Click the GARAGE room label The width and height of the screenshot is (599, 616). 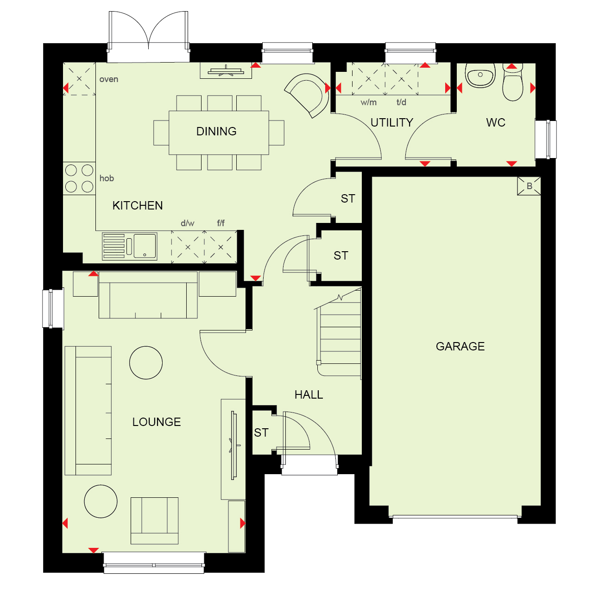click(x=460, y=346)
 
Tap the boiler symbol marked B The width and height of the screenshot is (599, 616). click(x=529, y=186)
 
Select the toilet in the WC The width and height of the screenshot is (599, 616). click(x=513, y=83)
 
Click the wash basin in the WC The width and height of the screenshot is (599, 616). click(x=480, y=76)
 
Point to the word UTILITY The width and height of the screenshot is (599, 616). click(x=392, y=122)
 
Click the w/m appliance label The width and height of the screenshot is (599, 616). click(x=368, y=102)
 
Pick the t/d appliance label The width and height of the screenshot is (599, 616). click(x=401, y=102)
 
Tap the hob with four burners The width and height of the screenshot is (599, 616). click(x=79, y=178)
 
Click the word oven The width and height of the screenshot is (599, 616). click(x=109, y=79)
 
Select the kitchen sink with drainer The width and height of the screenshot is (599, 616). click(x=129, y=247)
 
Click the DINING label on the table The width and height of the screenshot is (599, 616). click(x=216, y=131)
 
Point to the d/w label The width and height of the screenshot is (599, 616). click(x=187, y=223)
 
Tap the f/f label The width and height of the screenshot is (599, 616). click(x=221, y=223)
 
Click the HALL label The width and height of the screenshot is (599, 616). click(x=309, y=395)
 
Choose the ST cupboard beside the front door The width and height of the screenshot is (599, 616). click(x=262, y=433)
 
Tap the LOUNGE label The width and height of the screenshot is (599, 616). click(x=157, y=422)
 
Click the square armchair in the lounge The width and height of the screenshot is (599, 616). click(x=154, y=521)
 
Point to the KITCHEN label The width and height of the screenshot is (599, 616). click(x=138, y=206)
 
